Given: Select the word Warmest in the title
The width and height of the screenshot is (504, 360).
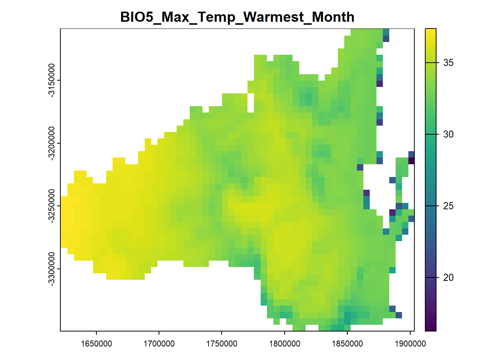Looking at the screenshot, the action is click(x=274, y=17).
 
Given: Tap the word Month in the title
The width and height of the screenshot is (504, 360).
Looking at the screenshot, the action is click(x=333, y=17).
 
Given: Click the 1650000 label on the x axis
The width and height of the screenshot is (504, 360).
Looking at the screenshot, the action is click(x=96, y=344).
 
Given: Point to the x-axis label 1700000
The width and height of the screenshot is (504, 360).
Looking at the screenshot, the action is click(x=159, y=344).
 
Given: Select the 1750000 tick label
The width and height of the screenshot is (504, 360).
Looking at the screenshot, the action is click(x=222, y=344).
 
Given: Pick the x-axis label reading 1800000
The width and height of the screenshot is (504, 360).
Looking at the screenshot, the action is click(x=285, y=344).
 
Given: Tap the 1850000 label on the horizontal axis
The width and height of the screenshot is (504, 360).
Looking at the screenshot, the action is click(x=347, y=344).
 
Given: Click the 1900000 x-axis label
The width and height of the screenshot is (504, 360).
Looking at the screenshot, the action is click(x=410, y=344).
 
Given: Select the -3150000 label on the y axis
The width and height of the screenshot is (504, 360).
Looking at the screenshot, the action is click(x=51, y=80).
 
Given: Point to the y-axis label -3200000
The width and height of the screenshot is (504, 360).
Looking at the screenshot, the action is click(x=51, y=143).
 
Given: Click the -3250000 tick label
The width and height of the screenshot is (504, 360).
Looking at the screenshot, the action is click(x=51, y=206).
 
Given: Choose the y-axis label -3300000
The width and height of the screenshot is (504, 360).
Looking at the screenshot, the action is click(x=51, y=269).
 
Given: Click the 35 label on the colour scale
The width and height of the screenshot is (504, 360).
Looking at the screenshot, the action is click(x=448, y=63).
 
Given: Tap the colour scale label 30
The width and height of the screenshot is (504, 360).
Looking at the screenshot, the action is click(x=448, y=134).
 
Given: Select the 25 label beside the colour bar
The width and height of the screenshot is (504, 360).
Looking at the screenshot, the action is click(x=448, y=206).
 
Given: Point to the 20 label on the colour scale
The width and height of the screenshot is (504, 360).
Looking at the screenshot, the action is click(x=448, y=277).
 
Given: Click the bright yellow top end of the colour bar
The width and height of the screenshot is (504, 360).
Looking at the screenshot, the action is click(x=430, y=31).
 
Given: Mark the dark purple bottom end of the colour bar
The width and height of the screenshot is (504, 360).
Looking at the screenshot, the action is click(x=430, y=329).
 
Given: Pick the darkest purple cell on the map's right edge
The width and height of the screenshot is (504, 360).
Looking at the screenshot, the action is click(x=411, y=161).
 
